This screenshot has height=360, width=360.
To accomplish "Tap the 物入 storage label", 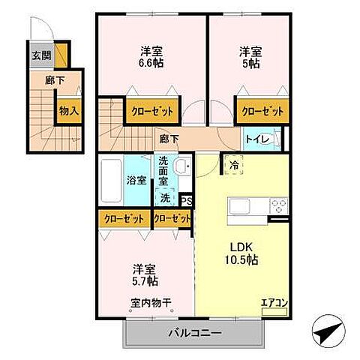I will [69, 110].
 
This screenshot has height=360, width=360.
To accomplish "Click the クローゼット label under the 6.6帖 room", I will [152, 111].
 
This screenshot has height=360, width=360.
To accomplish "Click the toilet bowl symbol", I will [274, 139].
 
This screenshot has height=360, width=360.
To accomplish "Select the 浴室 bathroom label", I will [136, 181].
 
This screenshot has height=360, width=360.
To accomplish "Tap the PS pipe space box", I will [187, 200].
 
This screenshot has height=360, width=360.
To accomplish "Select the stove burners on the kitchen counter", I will [278, 205].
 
